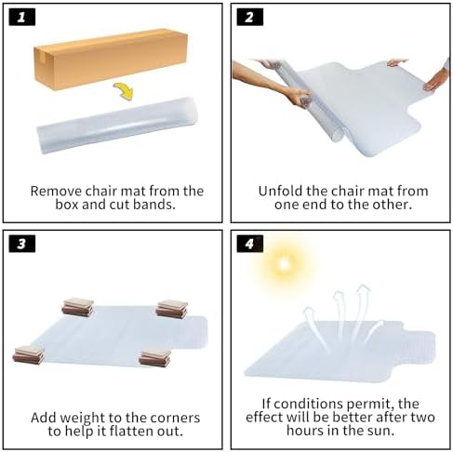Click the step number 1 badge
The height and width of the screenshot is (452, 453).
click(22, 17)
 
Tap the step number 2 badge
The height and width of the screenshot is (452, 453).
click(250, 17)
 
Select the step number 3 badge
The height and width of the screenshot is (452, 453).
click(22, 244)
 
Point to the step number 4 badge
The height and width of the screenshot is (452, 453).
click(250, 244)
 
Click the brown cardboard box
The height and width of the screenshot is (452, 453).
click(111, 59)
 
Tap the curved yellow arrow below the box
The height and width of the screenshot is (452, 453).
click(124, 91)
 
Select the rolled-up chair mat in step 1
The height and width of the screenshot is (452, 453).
click(117, 126)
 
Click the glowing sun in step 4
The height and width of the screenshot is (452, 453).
click(284, 264)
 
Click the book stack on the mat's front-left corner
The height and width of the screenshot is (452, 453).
click(29, 355)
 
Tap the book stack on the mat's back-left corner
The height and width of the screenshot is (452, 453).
click(78, 307)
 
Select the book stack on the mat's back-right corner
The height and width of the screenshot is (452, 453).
click(172, 309)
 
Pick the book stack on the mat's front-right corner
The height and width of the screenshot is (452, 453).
click(154, 358)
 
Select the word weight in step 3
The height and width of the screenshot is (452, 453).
click(82, 418)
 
